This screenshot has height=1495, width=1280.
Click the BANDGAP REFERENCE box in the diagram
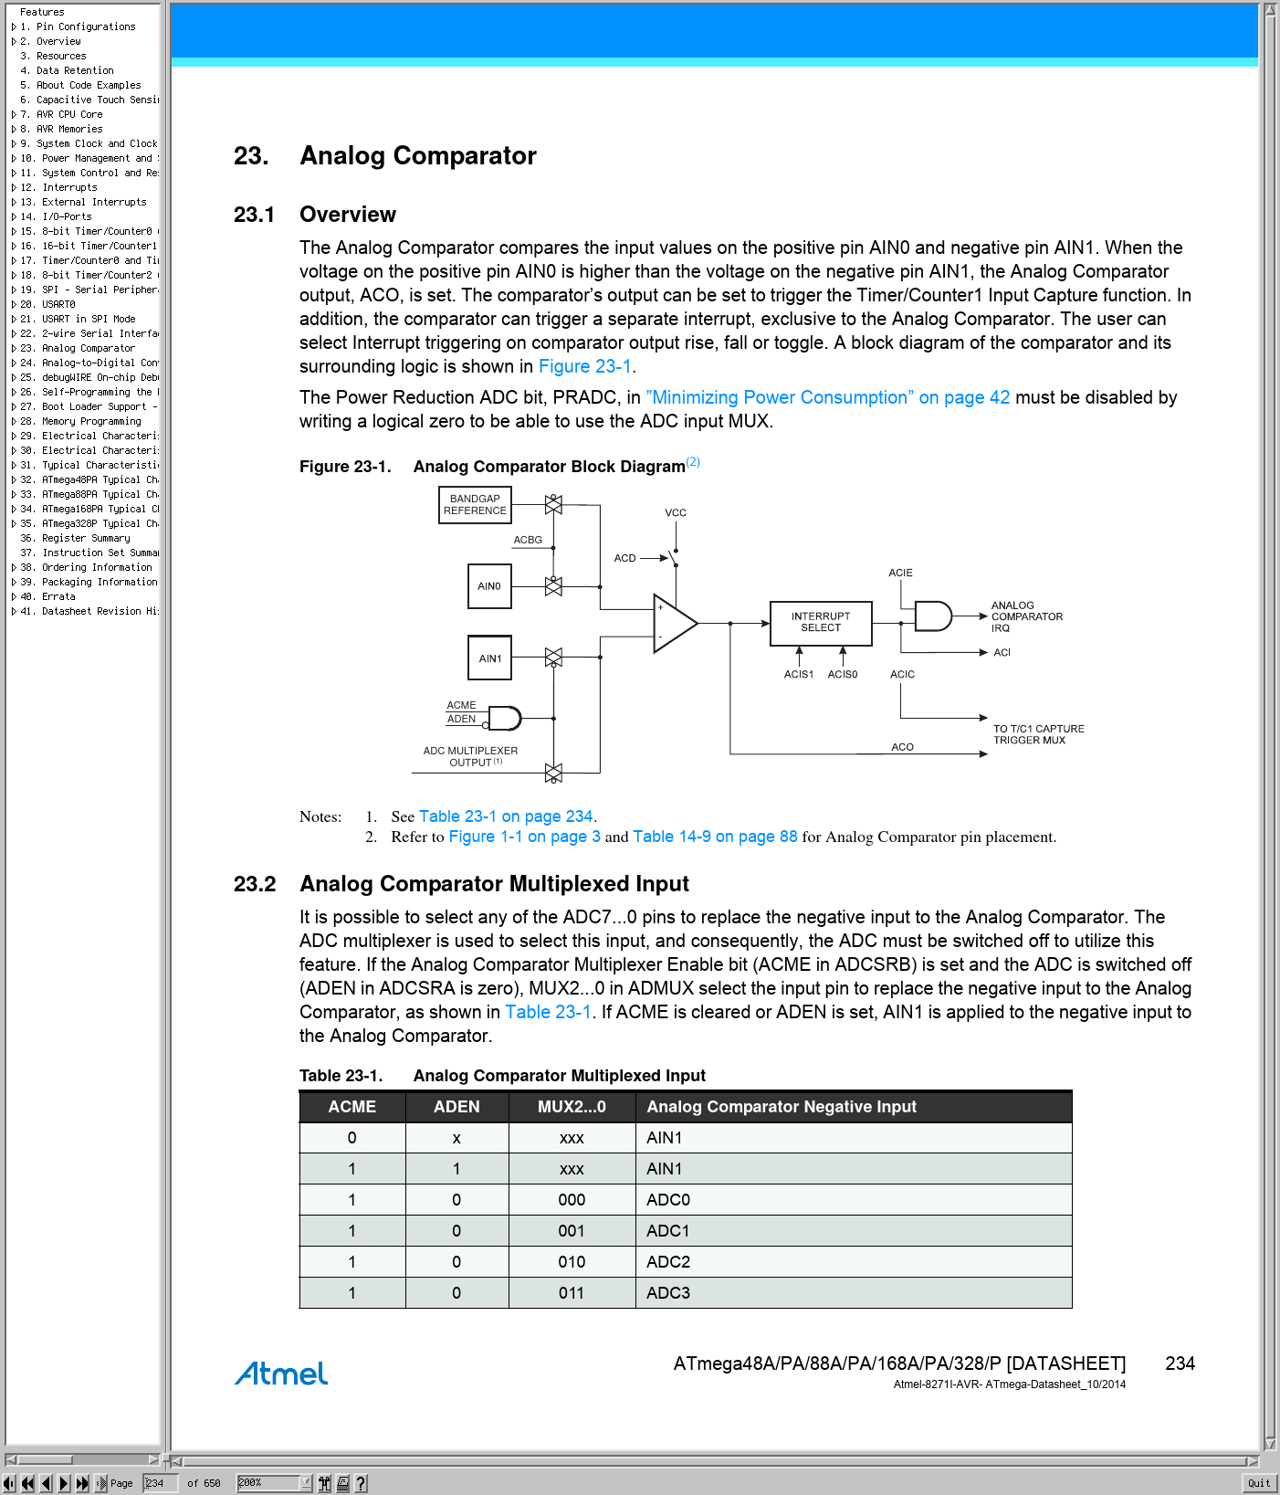[475, 505]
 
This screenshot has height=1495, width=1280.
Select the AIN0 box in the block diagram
[489, 586]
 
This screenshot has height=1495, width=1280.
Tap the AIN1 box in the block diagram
[490, 658]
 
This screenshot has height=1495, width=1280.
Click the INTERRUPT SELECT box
[821, 623]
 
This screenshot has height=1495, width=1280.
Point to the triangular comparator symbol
[674, 624]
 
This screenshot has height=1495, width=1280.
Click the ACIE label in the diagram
[900, 573]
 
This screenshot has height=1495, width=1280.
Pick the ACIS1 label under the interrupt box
[798, 674]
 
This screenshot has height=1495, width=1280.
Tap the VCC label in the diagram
[676, 512]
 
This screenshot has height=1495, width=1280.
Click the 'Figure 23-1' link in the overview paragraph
[585, 366]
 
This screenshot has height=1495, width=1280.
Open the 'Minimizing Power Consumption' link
[827, 397]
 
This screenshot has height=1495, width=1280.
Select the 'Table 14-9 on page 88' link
[715, 837]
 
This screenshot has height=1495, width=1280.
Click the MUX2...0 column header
[572, 1107]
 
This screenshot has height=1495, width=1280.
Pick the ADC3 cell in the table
[668, 1293]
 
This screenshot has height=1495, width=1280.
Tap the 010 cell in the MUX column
[572, 1262]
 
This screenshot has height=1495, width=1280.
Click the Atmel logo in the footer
[281, 1374]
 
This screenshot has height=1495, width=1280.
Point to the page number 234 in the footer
[1180, 1363]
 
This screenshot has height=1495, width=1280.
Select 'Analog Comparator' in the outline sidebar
[88, 348]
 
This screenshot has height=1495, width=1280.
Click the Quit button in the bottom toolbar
[1259, 1483]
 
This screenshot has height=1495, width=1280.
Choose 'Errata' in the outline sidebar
[58, 596]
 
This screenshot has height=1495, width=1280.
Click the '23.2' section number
[255, 884]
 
